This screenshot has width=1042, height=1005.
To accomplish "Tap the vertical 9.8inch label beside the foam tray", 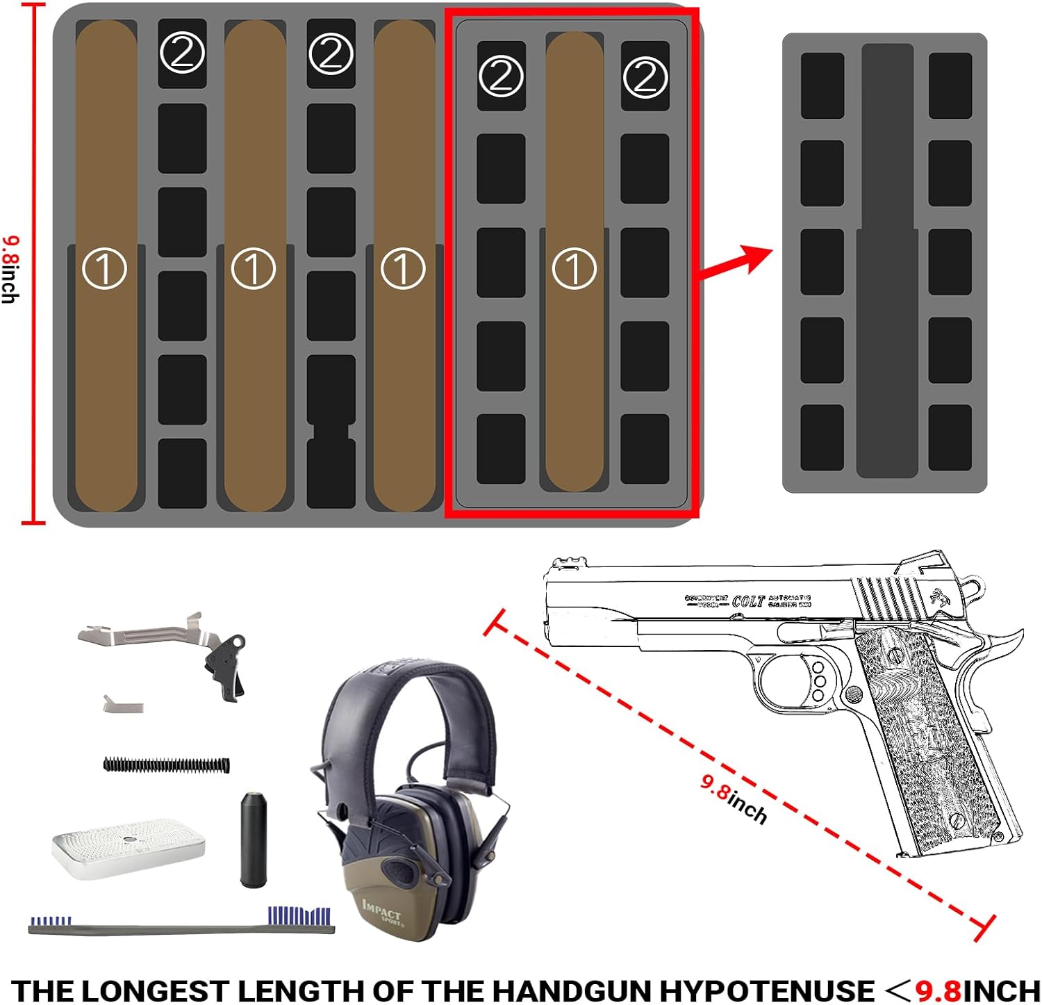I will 10,270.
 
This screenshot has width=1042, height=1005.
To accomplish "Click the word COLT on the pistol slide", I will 748,601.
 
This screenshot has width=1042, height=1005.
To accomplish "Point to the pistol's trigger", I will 804,676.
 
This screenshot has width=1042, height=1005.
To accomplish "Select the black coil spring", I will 166,765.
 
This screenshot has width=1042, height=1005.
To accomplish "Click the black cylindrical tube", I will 254,838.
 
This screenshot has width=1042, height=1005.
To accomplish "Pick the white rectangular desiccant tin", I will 129,847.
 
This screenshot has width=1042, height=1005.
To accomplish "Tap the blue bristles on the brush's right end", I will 299,915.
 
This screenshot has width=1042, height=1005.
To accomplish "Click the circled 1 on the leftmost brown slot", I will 104,268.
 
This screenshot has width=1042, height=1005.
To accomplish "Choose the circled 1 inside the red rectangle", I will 574,268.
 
